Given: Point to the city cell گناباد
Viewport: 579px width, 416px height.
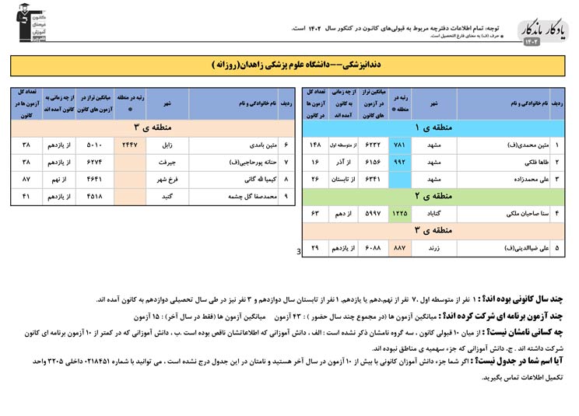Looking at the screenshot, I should pos(433,212).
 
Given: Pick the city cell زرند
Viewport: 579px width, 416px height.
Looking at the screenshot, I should pos(433,248).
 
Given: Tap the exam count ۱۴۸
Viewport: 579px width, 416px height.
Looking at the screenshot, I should pos(315,145).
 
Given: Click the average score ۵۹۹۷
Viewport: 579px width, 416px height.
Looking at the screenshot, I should pos(374,212).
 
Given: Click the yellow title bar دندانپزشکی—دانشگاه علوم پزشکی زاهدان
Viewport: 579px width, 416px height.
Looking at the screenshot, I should pos(289,65).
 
